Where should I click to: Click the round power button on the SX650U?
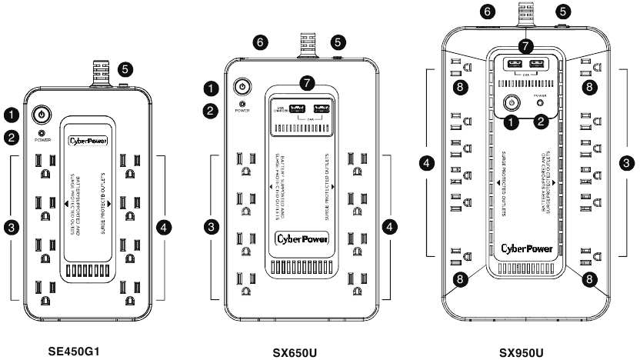pos(243,86)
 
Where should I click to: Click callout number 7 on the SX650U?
pos(308,82)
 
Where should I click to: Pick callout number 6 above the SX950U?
pos(486,12)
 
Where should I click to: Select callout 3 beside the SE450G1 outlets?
pos(12,227)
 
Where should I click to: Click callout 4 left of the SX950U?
pos(428,163)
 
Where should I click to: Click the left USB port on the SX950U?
pos(512,65)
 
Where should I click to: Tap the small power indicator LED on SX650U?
pos(243,103)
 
